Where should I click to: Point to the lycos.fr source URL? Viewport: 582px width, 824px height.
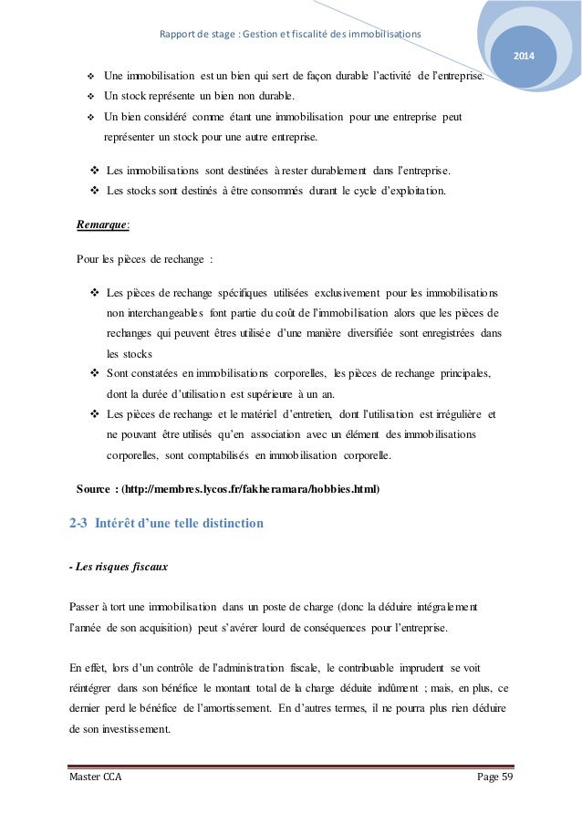(x=251, y=488)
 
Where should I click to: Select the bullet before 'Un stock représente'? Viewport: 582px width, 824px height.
(x=89, y=96)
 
